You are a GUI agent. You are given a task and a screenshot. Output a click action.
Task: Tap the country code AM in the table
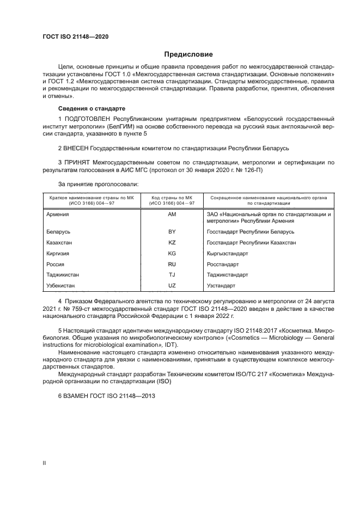172,215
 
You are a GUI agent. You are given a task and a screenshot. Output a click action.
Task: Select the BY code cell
172,232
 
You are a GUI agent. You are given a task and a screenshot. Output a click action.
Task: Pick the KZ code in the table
172,243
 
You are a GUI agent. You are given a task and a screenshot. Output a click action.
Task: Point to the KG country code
172,254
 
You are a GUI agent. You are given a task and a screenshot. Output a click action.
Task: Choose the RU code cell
172,264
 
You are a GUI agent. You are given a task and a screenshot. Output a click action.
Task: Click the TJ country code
172,275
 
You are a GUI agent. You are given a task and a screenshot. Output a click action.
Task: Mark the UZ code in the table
172,285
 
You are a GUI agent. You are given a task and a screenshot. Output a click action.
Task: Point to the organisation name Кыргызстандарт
228,254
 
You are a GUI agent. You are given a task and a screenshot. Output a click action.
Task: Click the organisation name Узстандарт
221,285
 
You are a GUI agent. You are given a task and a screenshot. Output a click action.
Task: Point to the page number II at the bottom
44,463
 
